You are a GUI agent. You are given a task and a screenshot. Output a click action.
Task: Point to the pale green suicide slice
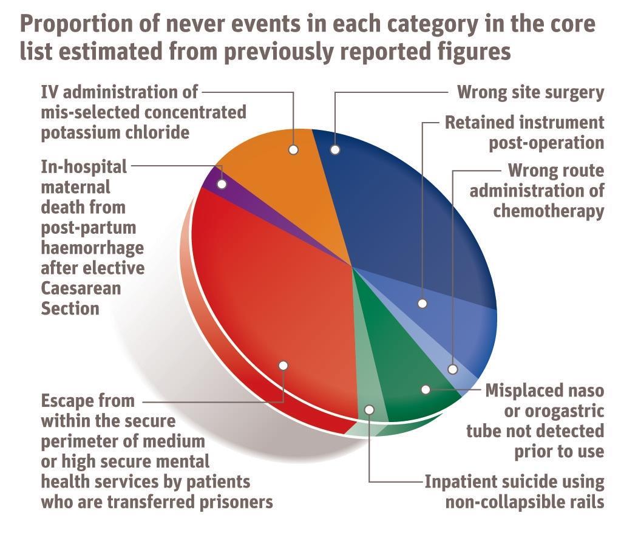pos(367,395)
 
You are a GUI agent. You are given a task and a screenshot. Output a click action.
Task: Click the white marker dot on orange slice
pos(294,149)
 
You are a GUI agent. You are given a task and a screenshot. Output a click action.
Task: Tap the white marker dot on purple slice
pos(222,183)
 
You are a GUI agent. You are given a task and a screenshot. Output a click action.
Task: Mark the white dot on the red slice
pos(283,365)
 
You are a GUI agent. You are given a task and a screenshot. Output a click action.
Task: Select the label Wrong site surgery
pos(531,92)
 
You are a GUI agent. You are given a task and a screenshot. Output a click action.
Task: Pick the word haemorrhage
pos(92,248)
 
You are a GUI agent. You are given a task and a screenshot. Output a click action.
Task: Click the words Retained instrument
pos(524,122)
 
